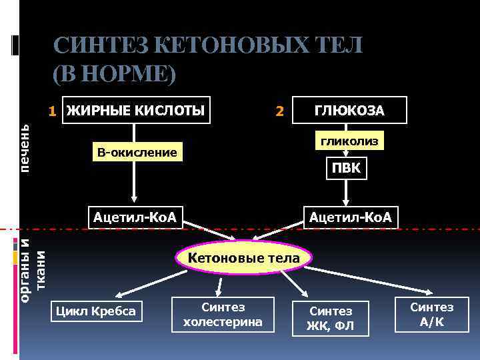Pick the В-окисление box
tap(137, 153)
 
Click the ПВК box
tap(345, 168)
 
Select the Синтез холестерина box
tap(223, 315)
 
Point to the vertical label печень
tap(25, 145)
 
